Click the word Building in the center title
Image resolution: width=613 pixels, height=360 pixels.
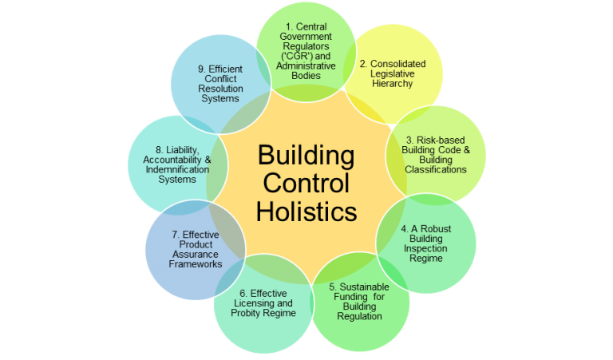(x=306, y=154)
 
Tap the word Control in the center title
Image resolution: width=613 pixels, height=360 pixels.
(x=306, y=183)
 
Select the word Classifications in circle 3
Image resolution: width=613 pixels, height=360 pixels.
(x=436, y=169)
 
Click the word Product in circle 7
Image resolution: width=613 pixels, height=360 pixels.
(x=196, y=243)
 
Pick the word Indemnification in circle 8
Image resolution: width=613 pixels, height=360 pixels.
(x=161, y=168)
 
